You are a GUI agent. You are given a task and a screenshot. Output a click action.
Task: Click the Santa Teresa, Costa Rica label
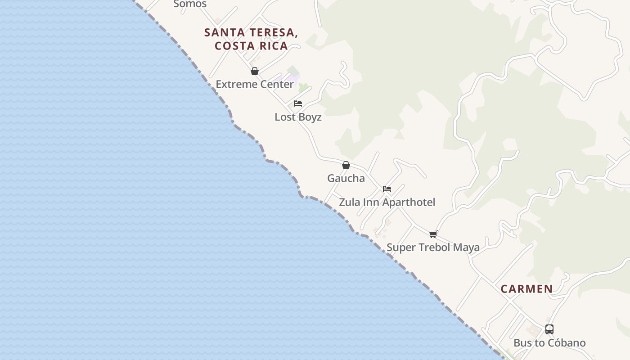pyautogui.click(x=251, y=39)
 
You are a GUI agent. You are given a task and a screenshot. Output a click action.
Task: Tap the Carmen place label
pyautogui.click(x=526, y=289)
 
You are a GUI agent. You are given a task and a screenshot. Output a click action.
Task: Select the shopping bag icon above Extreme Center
pyautogui.click(x=255, y=71)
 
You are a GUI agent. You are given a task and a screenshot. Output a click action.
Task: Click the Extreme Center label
pyautogui.click(x=255, y=84)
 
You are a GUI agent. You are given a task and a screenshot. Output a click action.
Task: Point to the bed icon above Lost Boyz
pyautogui.click(x=298, y=103)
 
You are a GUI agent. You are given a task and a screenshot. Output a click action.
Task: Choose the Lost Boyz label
pyautogui.click(x=298, y=117)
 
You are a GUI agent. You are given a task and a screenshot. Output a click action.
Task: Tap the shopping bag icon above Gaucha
pyautogui.click(x=346, y=165)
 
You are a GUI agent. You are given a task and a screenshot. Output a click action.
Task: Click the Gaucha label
pyautogui.click(x=346, y=178)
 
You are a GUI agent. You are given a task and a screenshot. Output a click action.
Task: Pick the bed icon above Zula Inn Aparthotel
pyautogui.click(x=387, y=189)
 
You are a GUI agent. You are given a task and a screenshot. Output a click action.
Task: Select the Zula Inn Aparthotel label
pyautogui.click(x=387, y=202)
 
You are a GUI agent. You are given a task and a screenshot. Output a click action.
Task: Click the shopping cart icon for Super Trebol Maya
pyautogui.click(x=433, y=234)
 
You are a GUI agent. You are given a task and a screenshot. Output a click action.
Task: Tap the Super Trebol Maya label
pyautogui.click(x=433, y=247)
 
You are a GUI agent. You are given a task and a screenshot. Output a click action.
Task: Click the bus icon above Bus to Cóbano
pyautogui.click(x=549, y=329)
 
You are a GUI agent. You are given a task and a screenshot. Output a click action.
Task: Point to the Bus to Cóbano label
pyautogui.click(x=549, y=343)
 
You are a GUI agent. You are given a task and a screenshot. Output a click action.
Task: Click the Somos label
pyautogui.click(x=190, y=4)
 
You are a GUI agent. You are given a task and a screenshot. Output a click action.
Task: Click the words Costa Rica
pyautogui.click(x=251, y=46)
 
